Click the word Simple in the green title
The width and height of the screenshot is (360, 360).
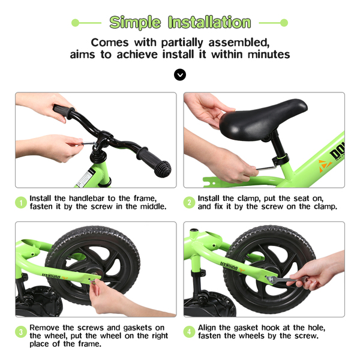[135, 23]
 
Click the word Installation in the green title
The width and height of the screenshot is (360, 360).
[209, 22]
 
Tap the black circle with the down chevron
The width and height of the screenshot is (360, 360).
[180, 74]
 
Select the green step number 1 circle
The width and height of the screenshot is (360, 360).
[21, 203]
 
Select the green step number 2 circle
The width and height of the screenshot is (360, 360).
[189, 203]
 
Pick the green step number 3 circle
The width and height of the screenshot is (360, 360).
[21, 332]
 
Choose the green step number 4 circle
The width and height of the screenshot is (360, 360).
[189, 332]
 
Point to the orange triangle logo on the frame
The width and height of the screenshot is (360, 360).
[325, 166]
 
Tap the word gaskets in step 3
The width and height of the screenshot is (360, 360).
[137, 328]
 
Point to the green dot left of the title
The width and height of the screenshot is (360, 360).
[76, 23]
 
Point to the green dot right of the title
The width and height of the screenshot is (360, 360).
[284, 23]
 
